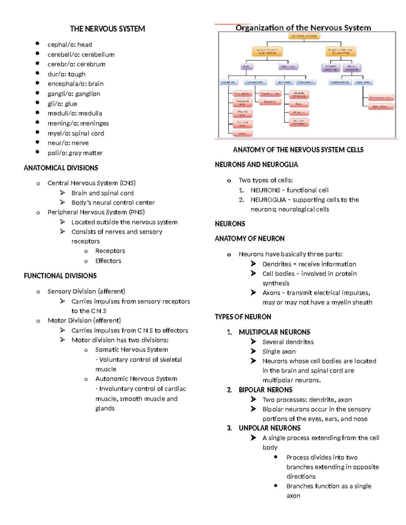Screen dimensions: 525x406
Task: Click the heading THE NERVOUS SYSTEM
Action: click(x=107, y=29)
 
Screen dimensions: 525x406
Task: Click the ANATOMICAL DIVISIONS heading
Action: click(x=61, y=168)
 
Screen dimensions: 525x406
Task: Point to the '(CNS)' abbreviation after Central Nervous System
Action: click(x=128, y=183)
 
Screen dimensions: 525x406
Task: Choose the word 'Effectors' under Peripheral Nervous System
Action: click(x=108, y=261)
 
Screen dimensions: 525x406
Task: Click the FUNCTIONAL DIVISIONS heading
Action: click(x=60, y=276)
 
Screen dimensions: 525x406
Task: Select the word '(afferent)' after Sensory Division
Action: click(x=111, y=291)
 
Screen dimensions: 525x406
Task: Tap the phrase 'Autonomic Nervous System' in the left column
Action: click(x=136, y=379)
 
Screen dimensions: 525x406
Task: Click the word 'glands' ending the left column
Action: click(x=105, y=408)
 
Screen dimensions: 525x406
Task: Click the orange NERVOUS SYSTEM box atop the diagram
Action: click(x=303, y=36)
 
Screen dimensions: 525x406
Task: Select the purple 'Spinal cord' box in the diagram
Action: click(x=288, y=67)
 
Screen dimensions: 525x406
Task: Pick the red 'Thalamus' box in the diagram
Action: click(x=270, y=102)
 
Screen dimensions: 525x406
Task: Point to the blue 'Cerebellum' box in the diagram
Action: click(x=306, y=82)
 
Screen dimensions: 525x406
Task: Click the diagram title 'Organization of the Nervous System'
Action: click(x=303, y=28)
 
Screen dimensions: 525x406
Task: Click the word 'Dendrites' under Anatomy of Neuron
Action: click(x=277, y=264)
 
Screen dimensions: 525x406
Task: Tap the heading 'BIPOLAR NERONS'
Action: click(x=266, y=390)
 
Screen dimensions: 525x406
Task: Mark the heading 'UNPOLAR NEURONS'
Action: click(x=270, y=428)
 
